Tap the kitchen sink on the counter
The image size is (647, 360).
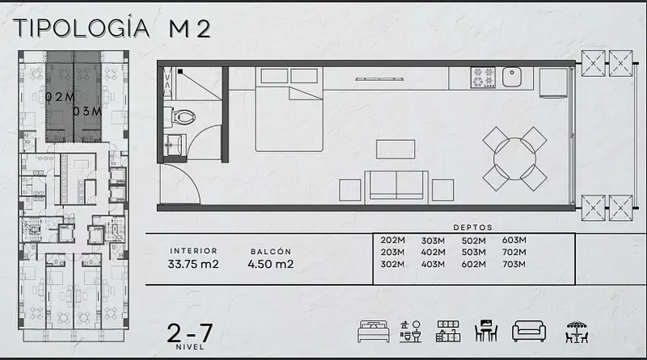pyautogui.click(x=512, y=77)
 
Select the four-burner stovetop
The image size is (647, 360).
pyautogui.click(x=483, y=78)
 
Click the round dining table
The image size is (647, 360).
pyautogui.click(x=514, y=159)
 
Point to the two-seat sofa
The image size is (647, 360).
pyautogui.click(x=396, y=185)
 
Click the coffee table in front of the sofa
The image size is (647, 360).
pyautogui.click(x=395, y=149)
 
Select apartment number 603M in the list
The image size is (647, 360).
pyautogui.click(x=514, y=239)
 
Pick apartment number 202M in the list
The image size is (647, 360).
pyautogui.click(x=392, y=239)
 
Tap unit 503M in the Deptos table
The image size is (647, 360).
pyautogui.click(x=473, y=252)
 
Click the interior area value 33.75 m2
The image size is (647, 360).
pyautogui.click(x=193, y=265)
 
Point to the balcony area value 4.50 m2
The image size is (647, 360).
pyautogui.click(x=271, y=265)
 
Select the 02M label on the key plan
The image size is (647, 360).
pyautogui.click(x=60, y=97)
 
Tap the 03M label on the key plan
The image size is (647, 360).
pyautogui.click(x=87, y=112)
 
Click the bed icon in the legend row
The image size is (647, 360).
pyautogui.click(x=374, y=332)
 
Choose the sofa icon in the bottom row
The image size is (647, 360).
pyautogui.click(x=529, y=331)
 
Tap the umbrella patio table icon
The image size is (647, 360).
pyautogui.click(x=577, y=332)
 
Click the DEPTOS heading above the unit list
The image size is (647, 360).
pyautogui.click(x=473, y=227)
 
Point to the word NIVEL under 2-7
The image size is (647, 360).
pyautogui.click(x=190, y=347)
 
